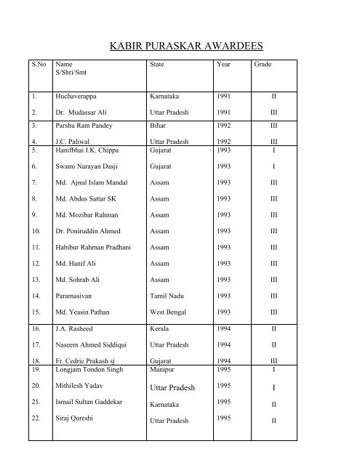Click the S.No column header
38,65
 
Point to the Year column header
224,65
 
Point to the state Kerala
160,328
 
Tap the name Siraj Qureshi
78,419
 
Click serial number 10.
35,230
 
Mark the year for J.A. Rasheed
225,328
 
